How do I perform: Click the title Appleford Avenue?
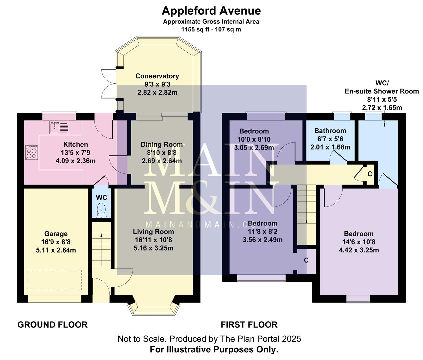(x=211, y=11)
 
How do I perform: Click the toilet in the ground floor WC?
(x=101, y=210)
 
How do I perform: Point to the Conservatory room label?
(x=157, y=76)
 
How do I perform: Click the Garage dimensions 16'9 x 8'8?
(x=56, y=242)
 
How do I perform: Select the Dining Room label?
(x=162, y=144)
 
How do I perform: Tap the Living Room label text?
(x=153, y=232)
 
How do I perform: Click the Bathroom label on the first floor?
(x=330, y=131)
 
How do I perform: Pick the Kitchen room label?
(x=76, y=144)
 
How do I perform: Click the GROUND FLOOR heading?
(x=52, y=324)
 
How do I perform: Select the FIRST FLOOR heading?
(x=249, y=324)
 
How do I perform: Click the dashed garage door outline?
(x=55, y=280)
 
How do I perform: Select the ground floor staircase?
(x=101, y=245)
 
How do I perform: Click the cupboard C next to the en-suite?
(x=369, y=174)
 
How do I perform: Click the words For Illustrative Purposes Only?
(x=214, y=350)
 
